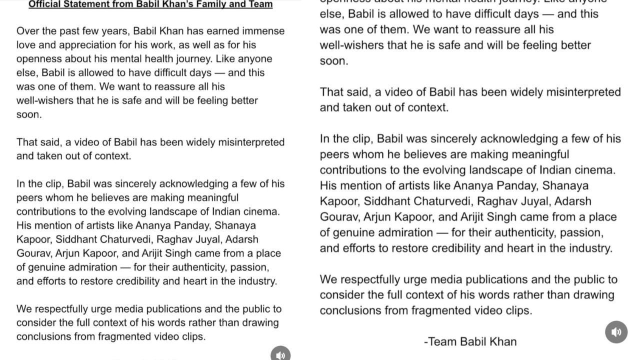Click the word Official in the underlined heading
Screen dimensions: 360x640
coord(45,4)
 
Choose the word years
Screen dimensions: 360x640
coord(114,31)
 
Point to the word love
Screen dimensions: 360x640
coord(26,45)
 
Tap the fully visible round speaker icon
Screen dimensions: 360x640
coord(616,332)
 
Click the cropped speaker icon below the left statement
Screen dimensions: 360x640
coord(280,354)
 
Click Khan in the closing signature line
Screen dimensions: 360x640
coord(502,342)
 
